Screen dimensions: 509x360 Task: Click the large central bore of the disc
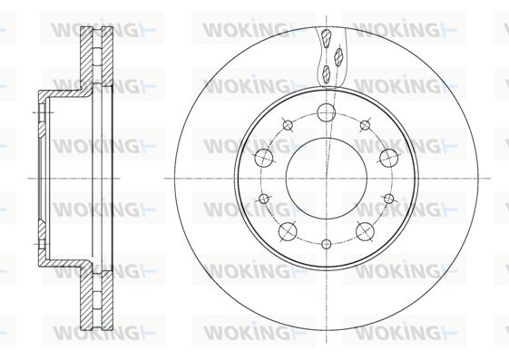click(327, 179)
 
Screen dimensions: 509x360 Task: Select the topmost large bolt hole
click(327, 112)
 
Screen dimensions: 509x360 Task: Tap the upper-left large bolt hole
click(264, 158)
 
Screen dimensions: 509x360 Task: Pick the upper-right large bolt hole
click(389, 158)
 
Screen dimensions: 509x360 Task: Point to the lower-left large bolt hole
click(288, 231)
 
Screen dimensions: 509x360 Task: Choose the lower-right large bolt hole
click(365, 231)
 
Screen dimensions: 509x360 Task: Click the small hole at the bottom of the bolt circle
click(327, 244)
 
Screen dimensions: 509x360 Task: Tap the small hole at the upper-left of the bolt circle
click(288, 125)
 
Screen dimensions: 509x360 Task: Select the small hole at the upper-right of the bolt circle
click(366, 125)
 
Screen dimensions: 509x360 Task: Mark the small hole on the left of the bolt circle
click(264, 199)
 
